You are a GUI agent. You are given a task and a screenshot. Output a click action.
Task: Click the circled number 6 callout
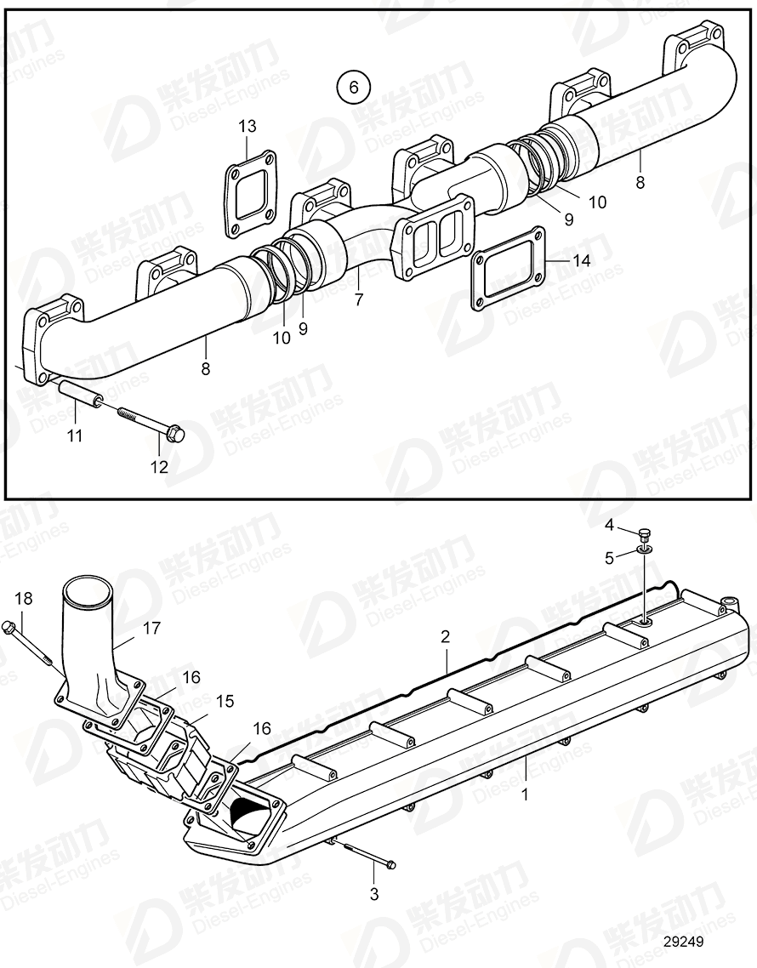click(354, 86)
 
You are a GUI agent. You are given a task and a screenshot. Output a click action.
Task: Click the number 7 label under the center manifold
click(358, 299)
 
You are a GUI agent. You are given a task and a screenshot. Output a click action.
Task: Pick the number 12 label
click(159, 466)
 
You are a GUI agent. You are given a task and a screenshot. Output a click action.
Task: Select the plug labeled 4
click(645, 535)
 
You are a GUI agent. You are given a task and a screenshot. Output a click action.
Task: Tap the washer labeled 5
click(646, 553)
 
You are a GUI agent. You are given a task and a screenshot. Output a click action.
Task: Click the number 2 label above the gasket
click(445, 636)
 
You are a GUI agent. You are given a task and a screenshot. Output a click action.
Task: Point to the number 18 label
click(24, 599)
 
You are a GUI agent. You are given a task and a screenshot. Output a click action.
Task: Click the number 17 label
click(151, 629)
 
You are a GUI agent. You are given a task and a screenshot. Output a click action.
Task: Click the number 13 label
click(247, 126)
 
